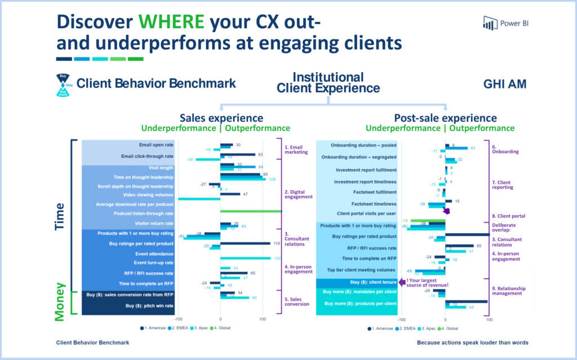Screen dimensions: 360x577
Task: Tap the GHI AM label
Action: tap(504, 85)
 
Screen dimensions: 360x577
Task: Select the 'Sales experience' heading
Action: tap(221, 118)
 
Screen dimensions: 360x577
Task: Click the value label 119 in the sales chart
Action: tap(277, 243)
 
